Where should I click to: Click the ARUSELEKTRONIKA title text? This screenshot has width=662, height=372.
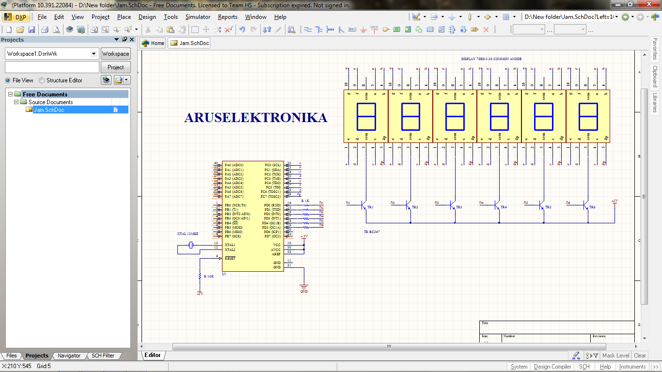tap(255, 118)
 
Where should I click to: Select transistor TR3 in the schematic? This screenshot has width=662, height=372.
tap(453, 206)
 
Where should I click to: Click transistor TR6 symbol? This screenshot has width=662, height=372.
tap(586, 206)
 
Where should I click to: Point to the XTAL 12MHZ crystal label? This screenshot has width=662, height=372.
tap(188, 234)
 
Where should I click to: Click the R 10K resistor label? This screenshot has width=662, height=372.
tap(209, 276)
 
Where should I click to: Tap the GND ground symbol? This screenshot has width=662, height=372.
tap(304, 287)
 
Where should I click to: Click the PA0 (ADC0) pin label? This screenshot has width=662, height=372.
tap(234, 165)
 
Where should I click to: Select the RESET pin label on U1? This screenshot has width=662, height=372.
tap(230, 258)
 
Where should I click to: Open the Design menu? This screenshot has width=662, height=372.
tap(147, 17)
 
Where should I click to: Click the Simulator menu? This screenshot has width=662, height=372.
tap(198, 17)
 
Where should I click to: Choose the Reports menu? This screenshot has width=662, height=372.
tap(227, 17)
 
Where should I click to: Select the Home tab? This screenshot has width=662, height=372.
tap(153, 43)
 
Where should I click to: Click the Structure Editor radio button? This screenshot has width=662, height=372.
tap(42, 80)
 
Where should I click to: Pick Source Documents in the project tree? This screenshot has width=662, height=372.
tap(50, 102)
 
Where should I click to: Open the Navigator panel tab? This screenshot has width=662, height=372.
tap(69, 356)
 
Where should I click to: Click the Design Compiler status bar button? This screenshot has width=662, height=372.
tap(552, 367)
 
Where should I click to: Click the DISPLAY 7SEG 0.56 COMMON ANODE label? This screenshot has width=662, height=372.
tap(491, 59)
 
